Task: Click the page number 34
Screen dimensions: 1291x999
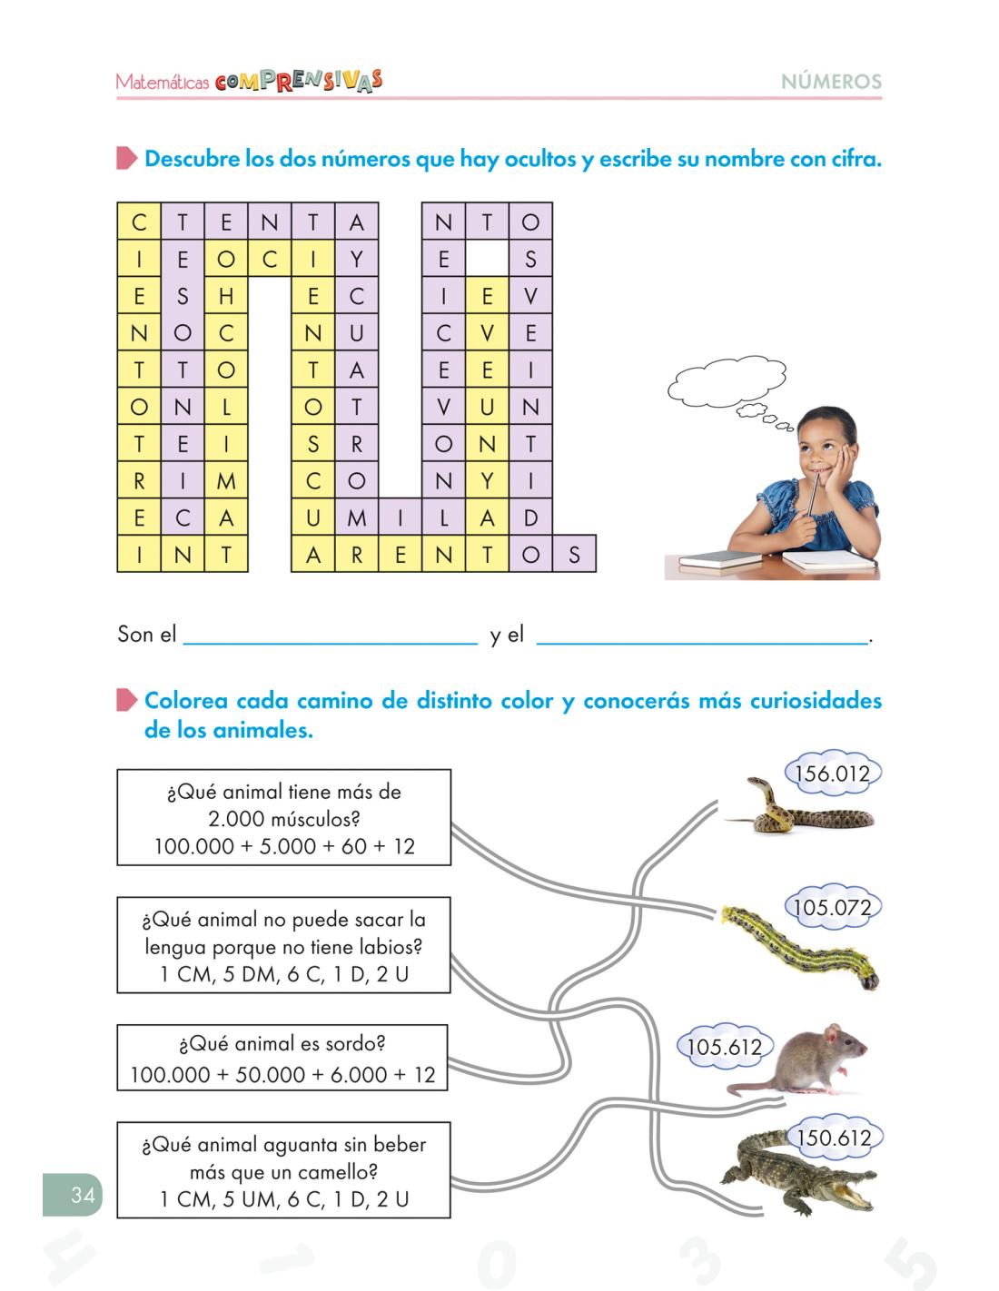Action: tap(82, 1195)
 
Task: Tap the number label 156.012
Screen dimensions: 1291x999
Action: tap(832, 774)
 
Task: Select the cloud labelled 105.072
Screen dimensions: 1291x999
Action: tap(832, 908)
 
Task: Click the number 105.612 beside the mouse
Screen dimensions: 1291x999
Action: tap(724, 1047)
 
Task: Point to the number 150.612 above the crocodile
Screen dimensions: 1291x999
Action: tap(833, 1138)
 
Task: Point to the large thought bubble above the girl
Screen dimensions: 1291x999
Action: tap(726, 382)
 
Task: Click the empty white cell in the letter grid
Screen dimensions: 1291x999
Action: tap(487, 259)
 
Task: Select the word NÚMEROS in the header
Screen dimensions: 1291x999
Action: tap(831, 82)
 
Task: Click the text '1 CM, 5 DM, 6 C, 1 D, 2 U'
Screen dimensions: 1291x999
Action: tap(283, 976)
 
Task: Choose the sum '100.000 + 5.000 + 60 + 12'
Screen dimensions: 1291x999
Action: tap(283, 847)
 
